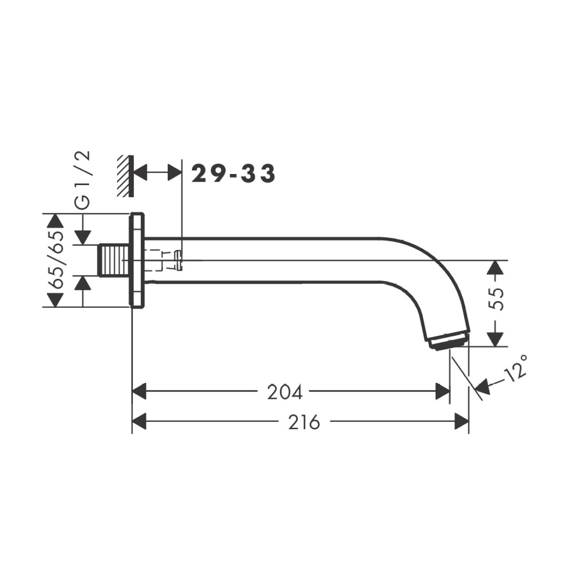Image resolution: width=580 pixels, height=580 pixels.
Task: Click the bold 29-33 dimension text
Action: click(x=233, y=174)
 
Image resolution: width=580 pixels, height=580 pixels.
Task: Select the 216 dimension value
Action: click(x=304, y=422)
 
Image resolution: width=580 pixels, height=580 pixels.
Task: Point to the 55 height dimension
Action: click(x=495, y=299)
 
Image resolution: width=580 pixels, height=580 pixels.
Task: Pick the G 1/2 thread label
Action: click(x=82, y=180)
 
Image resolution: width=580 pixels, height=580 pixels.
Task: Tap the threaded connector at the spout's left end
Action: click(x=115, y=261)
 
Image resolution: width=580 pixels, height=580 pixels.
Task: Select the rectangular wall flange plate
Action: click(x=137, y=261)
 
